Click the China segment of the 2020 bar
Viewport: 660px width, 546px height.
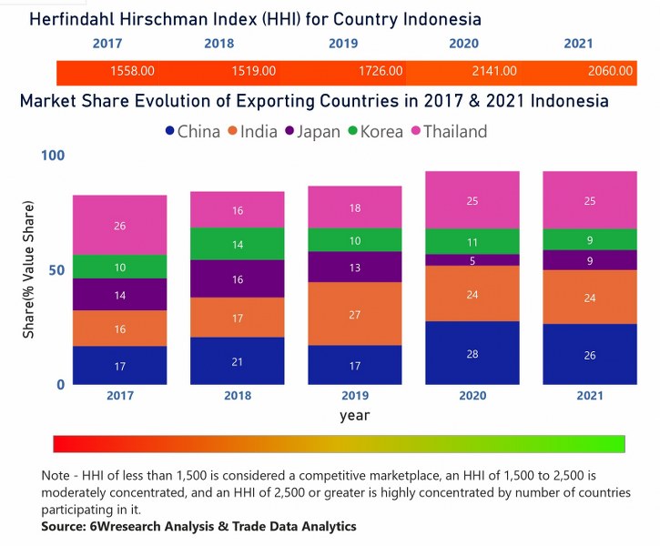[x=472, y=352]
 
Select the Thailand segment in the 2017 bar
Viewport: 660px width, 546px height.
[x=120, y=225]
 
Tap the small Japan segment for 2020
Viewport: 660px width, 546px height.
[x=472, y=260]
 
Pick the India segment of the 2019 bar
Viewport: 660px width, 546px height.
[x=354, y=313]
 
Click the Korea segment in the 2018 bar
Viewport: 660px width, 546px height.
[x=237, y=244]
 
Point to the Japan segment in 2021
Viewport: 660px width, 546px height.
[x=589, y=260]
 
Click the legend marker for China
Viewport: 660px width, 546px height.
[x=169, y=132]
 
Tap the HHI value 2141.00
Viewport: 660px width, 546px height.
[x=495, y=71]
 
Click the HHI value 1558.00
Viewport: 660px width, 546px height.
[x=132, y=71]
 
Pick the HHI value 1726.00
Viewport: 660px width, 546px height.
[x=380, y=71]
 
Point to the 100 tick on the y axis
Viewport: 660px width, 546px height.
[x=54, y=157]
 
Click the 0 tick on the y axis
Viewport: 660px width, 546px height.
[x=60, y=385]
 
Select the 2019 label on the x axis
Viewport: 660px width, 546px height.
[x=354, y=397]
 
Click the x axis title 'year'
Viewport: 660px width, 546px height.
[x=354, y=415]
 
